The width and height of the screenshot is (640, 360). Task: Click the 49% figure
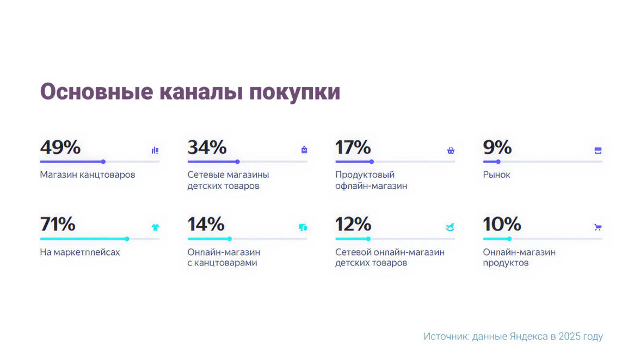(x=60, y=147)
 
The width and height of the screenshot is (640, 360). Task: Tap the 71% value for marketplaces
(x=58, y=224)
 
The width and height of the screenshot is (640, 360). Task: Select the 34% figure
(x=207, y=147)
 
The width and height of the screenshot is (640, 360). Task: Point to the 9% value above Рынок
(x=497, y=147)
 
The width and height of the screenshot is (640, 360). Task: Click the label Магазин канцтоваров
(x=88, y=175)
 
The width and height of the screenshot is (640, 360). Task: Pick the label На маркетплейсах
(x=80, y=252)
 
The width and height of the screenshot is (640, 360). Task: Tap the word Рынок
(x=496, y=175)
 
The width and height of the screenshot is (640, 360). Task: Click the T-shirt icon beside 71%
(x=155, y=227)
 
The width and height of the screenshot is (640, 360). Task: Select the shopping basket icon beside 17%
(x=451, y=151)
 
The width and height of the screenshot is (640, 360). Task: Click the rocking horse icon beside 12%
(x=450, y=227)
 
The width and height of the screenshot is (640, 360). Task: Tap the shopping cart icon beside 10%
(x=598, y=227)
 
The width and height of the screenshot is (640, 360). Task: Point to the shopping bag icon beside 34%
(x=304, y=150)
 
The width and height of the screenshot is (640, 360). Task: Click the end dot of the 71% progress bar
(x=127, y=239)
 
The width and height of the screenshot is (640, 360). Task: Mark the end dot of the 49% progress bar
(x=103, y=162)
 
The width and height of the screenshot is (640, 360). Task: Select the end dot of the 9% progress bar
(x=498, y=162)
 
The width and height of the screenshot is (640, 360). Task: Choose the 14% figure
(x=206, y=224)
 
